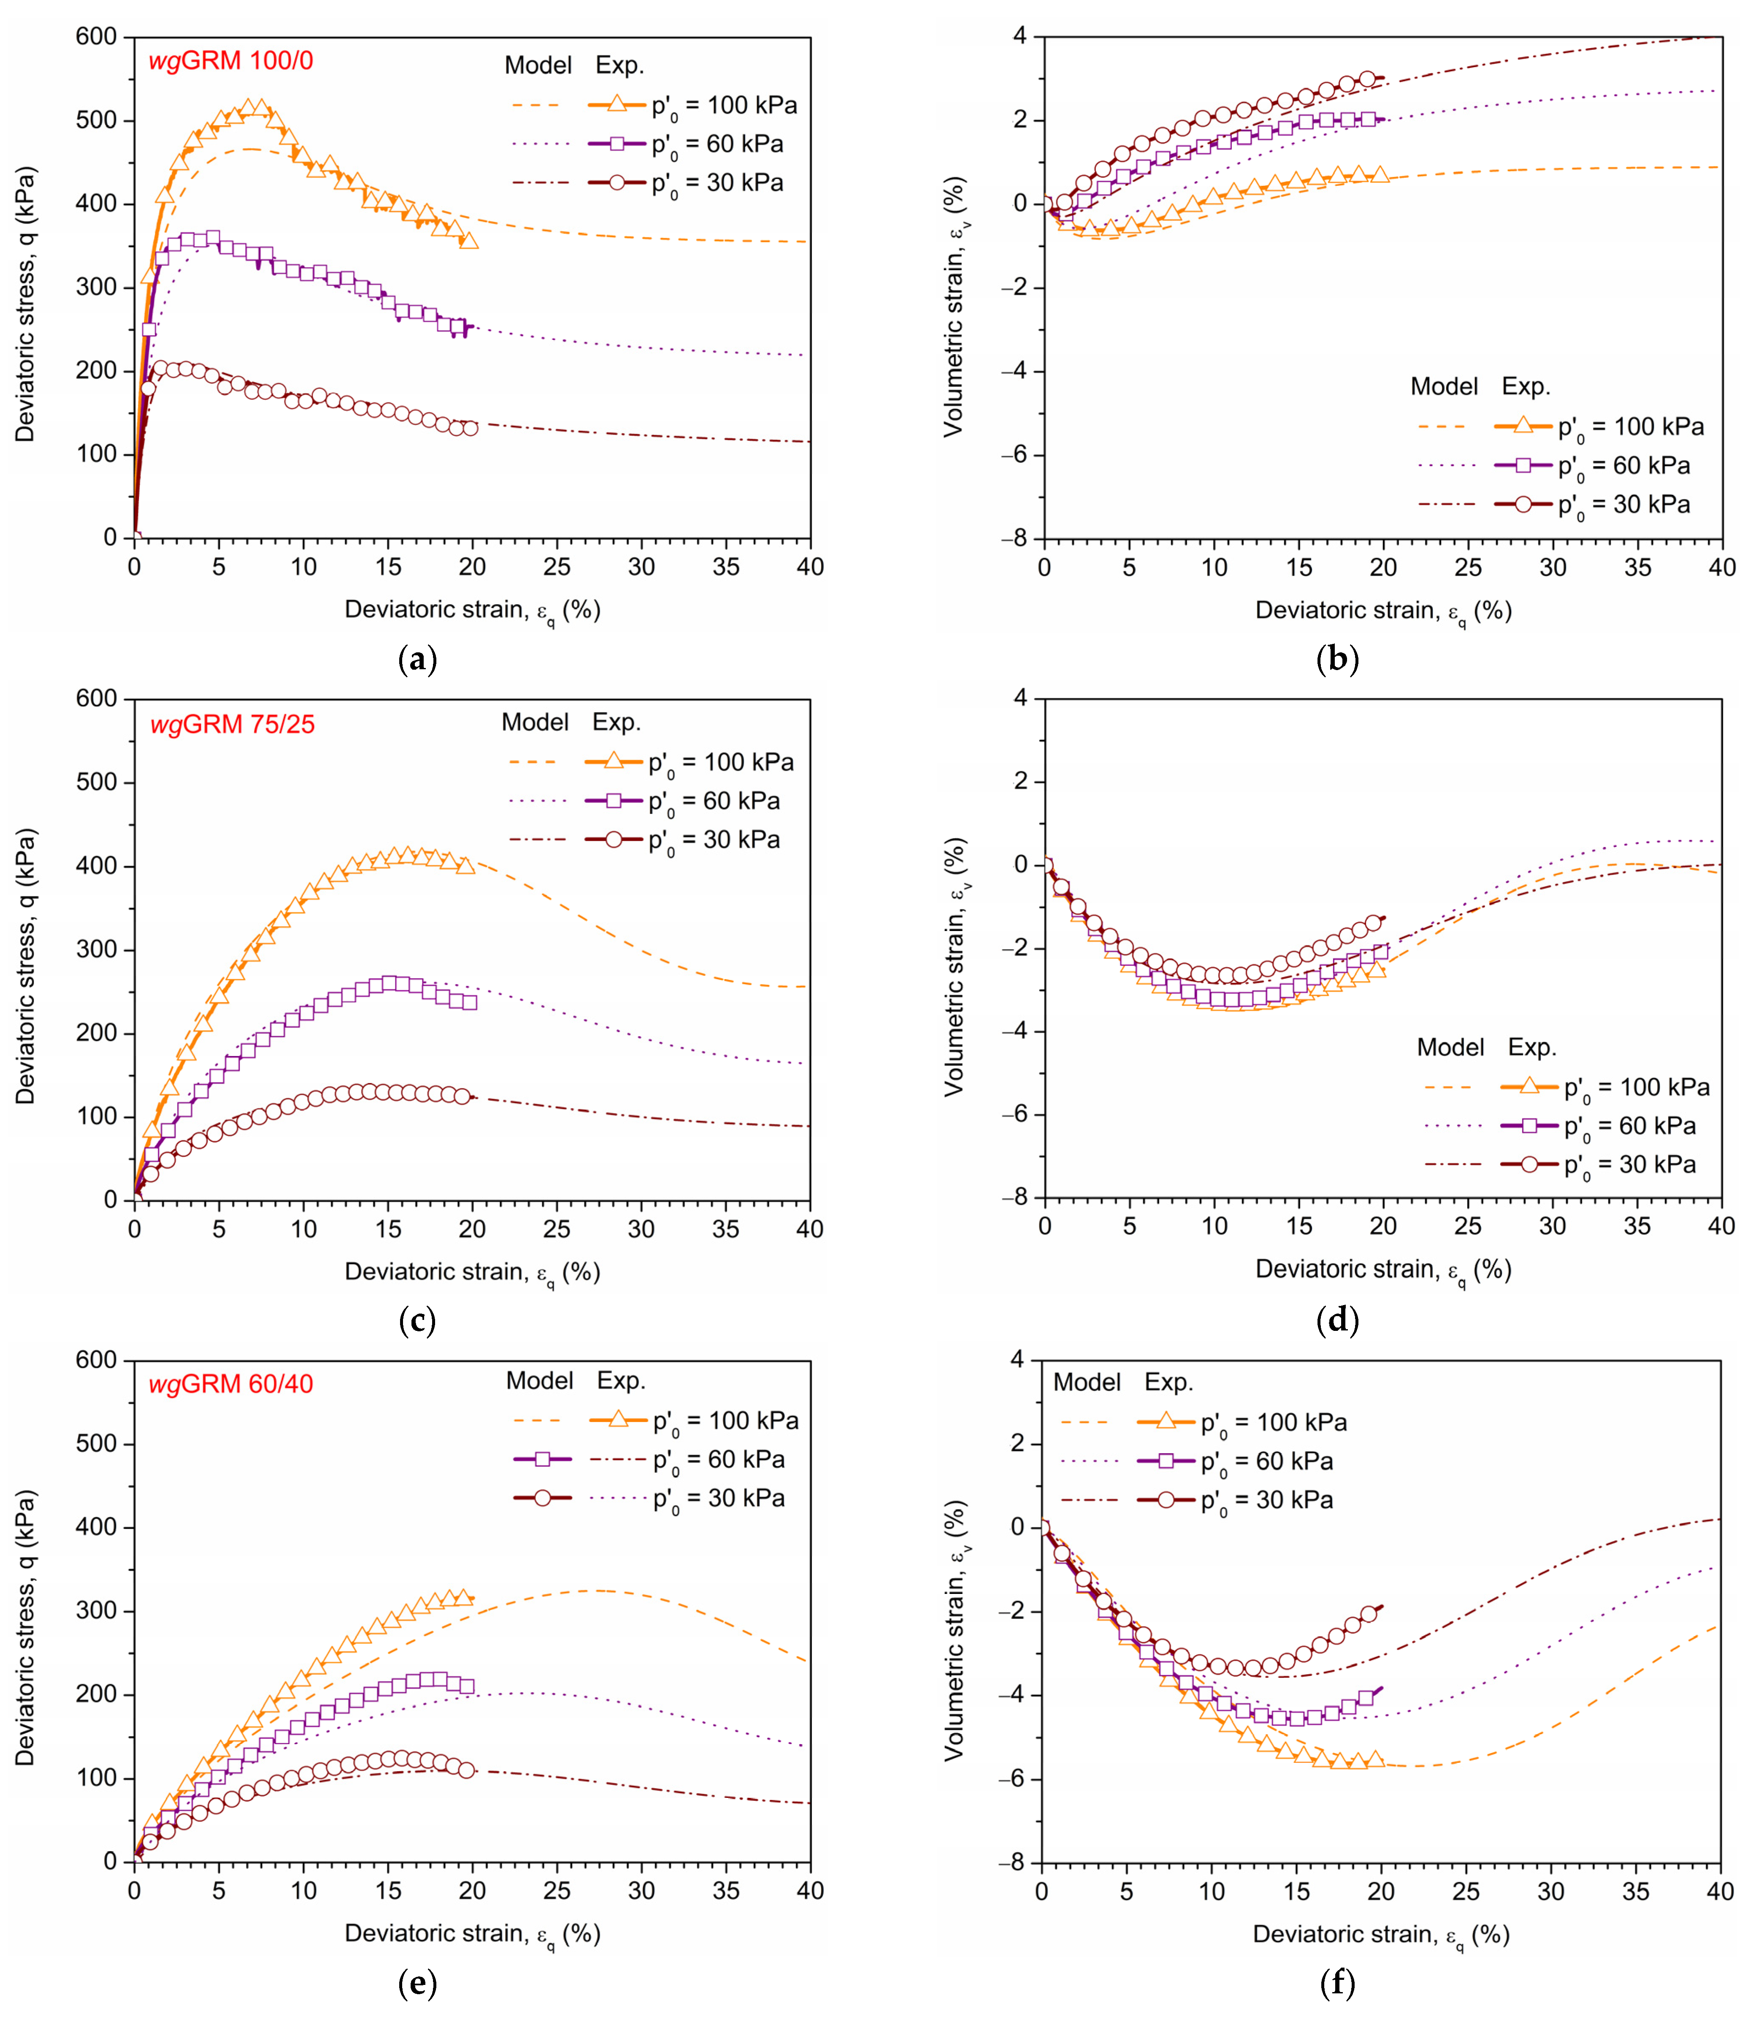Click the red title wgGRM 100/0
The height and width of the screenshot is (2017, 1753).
pos(231,61)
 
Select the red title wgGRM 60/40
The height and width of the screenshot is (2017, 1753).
pos(231,1384)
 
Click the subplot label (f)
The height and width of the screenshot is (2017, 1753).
pos(1337,1984)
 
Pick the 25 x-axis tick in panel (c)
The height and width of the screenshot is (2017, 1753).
pos(557,1229)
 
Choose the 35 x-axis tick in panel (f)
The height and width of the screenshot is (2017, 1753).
pos(1636,1892)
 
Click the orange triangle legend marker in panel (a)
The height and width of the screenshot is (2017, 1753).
pos(616,104)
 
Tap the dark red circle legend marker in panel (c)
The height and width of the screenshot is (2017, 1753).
pos(613,840)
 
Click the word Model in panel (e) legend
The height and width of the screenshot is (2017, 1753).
pos(539,1381)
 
